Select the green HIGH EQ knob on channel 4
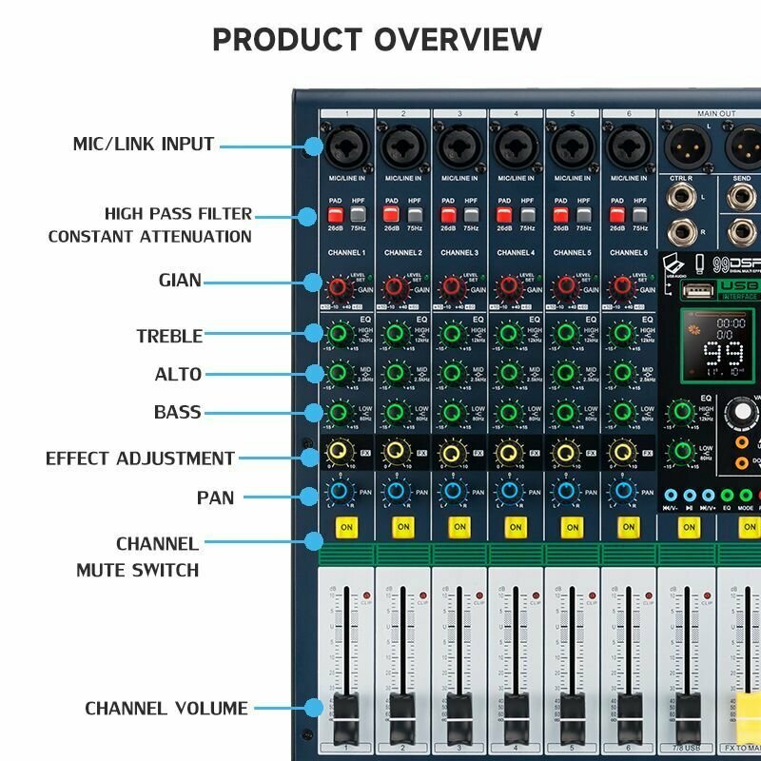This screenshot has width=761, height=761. [x=509, y=334]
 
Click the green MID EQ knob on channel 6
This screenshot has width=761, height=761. [x=621, y=374]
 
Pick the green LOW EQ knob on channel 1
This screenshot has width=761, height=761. [x=340, y=414]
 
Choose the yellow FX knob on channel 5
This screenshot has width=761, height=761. [x=565, y=453]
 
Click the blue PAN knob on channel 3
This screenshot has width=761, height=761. [x=453, y=493]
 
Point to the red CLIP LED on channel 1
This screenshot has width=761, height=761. [x=366, y=595]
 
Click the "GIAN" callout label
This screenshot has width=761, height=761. [x=180, y=282]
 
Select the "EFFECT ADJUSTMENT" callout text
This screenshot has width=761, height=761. [x=140, y=459]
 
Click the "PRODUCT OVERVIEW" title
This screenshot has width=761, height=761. [x=377, y=40]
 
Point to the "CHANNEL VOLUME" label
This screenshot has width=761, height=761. [x=166, y=709]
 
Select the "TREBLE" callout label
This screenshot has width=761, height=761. [x=169, y=336]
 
